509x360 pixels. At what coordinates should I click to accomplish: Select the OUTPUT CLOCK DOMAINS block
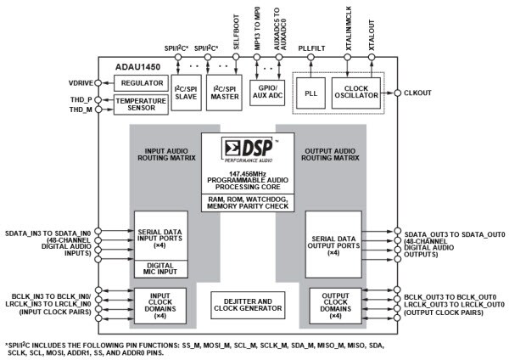[x=333, y=303]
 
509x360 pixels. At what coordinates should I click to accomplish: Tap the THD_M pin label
[x=81, y=109]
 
